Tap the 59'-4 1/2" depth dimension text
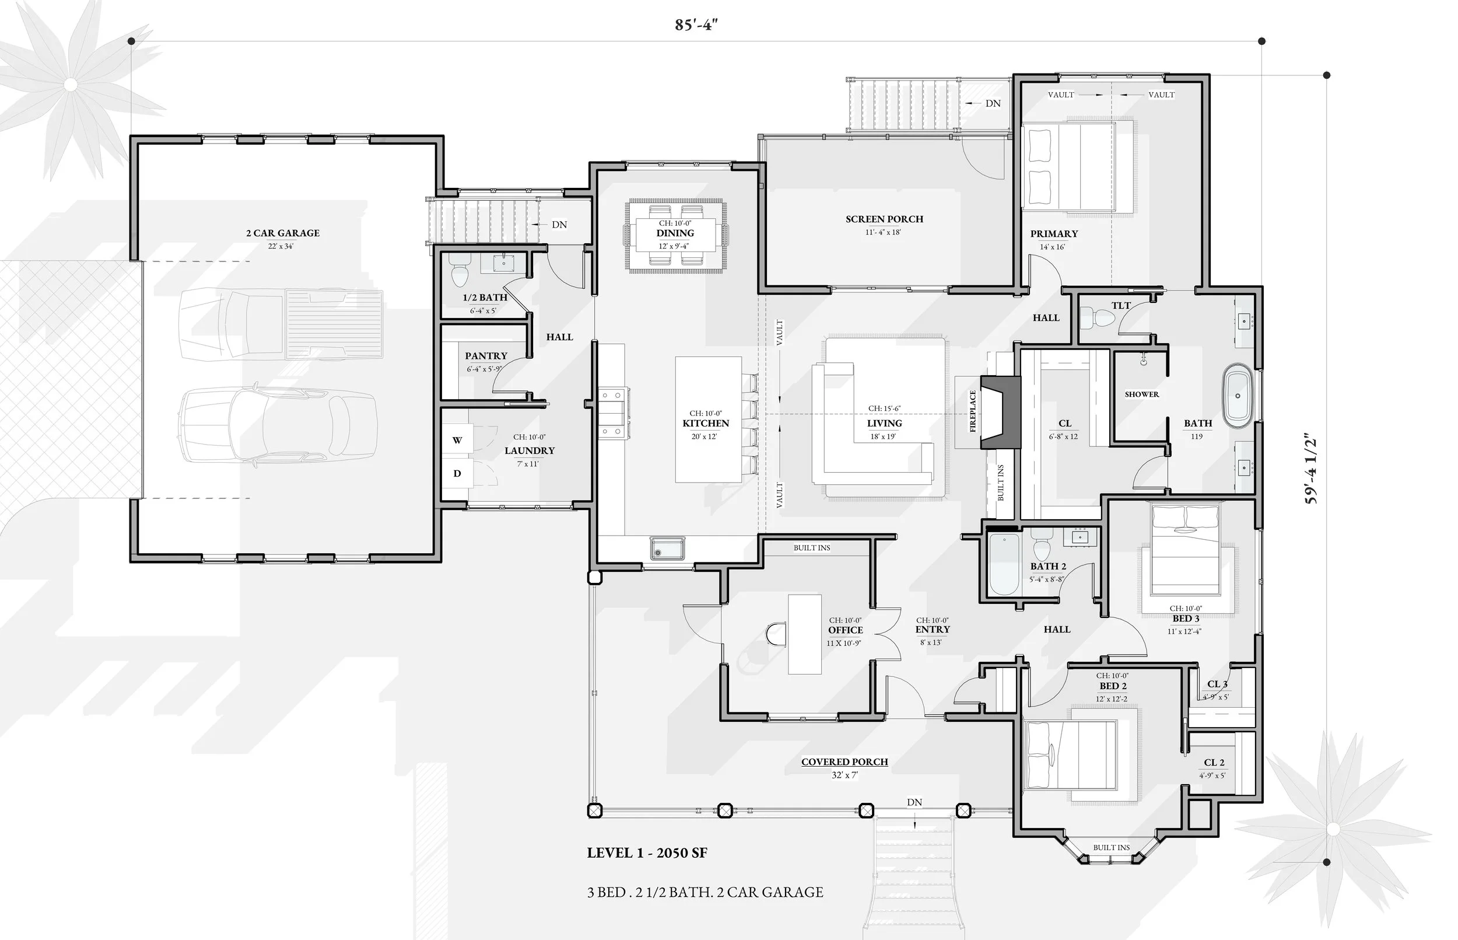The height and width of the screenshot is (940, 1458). pyautogui.click(x=1312, y=469)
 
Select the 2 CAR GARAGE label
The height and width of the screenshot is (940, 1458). pyautogui.click(x=282, y=233)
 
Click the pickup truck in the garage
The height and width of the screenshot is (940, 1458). pyautogui.click(x=281, y=324)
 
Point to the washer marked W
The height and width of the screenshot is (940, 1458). pyautogui.click(x=457, y=440)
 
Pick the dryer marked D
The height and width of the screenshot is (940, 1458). pyautogui.click(x=457, y=474)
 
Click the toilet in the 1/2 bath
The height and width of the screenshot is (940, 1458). pyautogui.click(x=460, y=274)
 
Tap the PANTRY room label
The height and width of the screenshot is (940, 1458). pyautogui.click(x=486, y=356)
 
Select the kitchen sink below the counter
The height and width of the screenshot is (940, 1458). pyautogui.click(x=667, y=547)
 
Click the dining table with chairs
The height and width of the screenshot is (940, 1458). pyautogui.click(x=675, y=235)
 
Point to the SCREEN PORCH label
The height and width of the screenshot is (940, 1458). pyautogui.click(x=884, y=219)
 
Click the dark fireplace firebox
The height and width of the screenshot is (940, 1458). pyautogui.click(x=1000, y=413)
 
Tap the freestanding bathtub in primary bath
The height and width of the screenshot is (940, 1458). pyautogui.click(x=1237, y=396)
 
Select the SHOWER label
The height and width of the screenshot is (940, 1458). pyautogui.click(x=1141, y=394)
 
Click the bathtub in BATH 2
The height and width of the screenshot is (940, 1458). pyautogui.click(x=1004, y=565)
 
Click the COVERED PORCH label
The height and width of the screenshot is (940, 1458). pyautogui.click(x=844, y=762)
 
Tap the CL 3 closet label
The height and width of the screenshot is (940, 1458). pyautogui.click(x=1217, y=684)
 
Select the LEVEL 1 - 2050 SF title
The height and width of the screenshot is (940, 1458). pyautogui.click(x=647, y=853)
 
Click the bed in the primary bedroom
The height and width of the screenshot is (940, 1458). pyautogui.click(x=1077, y=166)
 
